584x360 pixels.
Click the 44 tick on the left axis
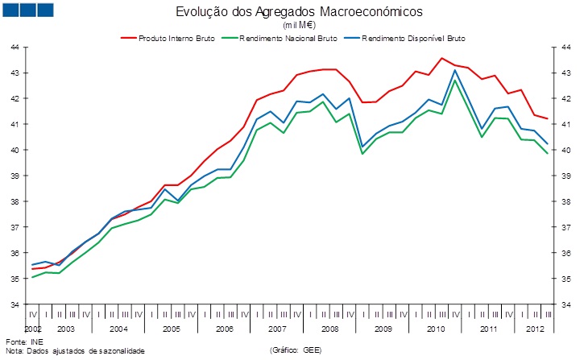tap(14, 48)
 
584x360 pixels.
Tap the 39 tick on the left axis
tap(14, 176)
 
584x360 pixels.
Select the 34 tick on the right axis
tap(569, 304)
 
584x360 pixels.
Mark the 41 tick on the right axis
tap(569, 124)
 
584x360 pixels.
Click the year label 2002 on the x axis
tap(32, 330)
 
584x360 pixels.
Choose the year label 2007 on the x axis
tap(276, 330)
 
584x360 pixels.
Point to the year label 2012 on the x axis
tap(534, 330)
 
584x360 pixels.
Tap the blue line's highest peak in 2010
tap(455, 70)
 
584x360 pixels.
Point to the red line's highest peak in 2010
tap(441, 58)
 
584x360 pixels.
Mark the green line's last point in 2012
tap(548, 154)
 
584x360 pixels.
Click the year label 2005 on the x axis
tap(171, 330)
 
